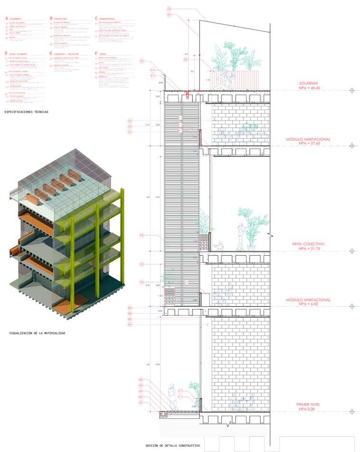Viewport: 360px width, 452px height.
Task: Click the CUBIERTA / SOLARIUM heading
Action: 66,54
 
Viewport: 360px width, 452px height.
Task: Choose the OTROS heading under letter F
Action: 105,54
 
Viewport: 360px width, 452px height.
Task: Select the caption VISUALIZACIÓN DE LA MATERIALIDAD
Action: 37,333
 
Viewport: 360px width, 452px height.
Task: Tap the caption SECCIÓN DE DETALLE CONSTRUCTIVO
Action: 173,445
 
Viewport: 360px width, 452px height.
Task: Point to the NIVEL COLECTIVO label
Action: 310,244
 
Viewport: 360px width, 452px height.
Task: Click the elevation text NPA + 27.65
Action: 310,143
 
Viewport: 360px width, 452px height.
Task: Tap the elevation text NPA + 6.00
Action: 311,305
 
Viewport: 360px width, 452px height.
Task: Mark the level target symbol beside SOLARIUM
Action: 351,90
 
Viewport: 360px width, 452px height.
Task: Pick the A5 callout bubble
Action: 141,380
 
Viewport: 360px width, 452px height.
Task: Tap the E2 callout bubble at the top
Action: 169,9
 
